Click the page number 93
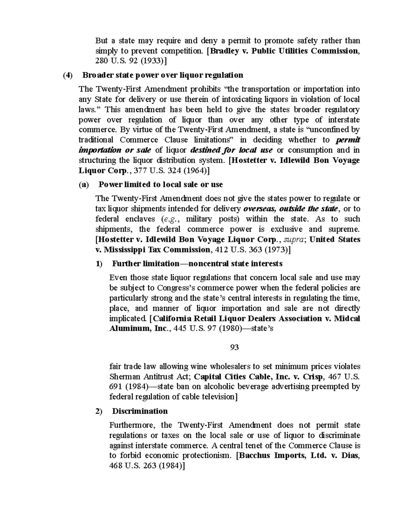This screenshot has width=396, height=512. pyautogui.click(x=234, y=347)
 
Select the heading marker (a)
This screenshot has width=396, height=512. pyautogui.click(x=84, y=185)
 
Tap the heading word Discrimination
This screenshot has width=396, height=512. pyautogui.click(x=140, y=411)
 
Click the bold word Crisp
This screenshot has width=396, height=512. pyautogui.click(x=311, y=376)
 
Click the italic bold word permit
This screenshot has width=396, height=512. pyautogui.click(x=347, y=140)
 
